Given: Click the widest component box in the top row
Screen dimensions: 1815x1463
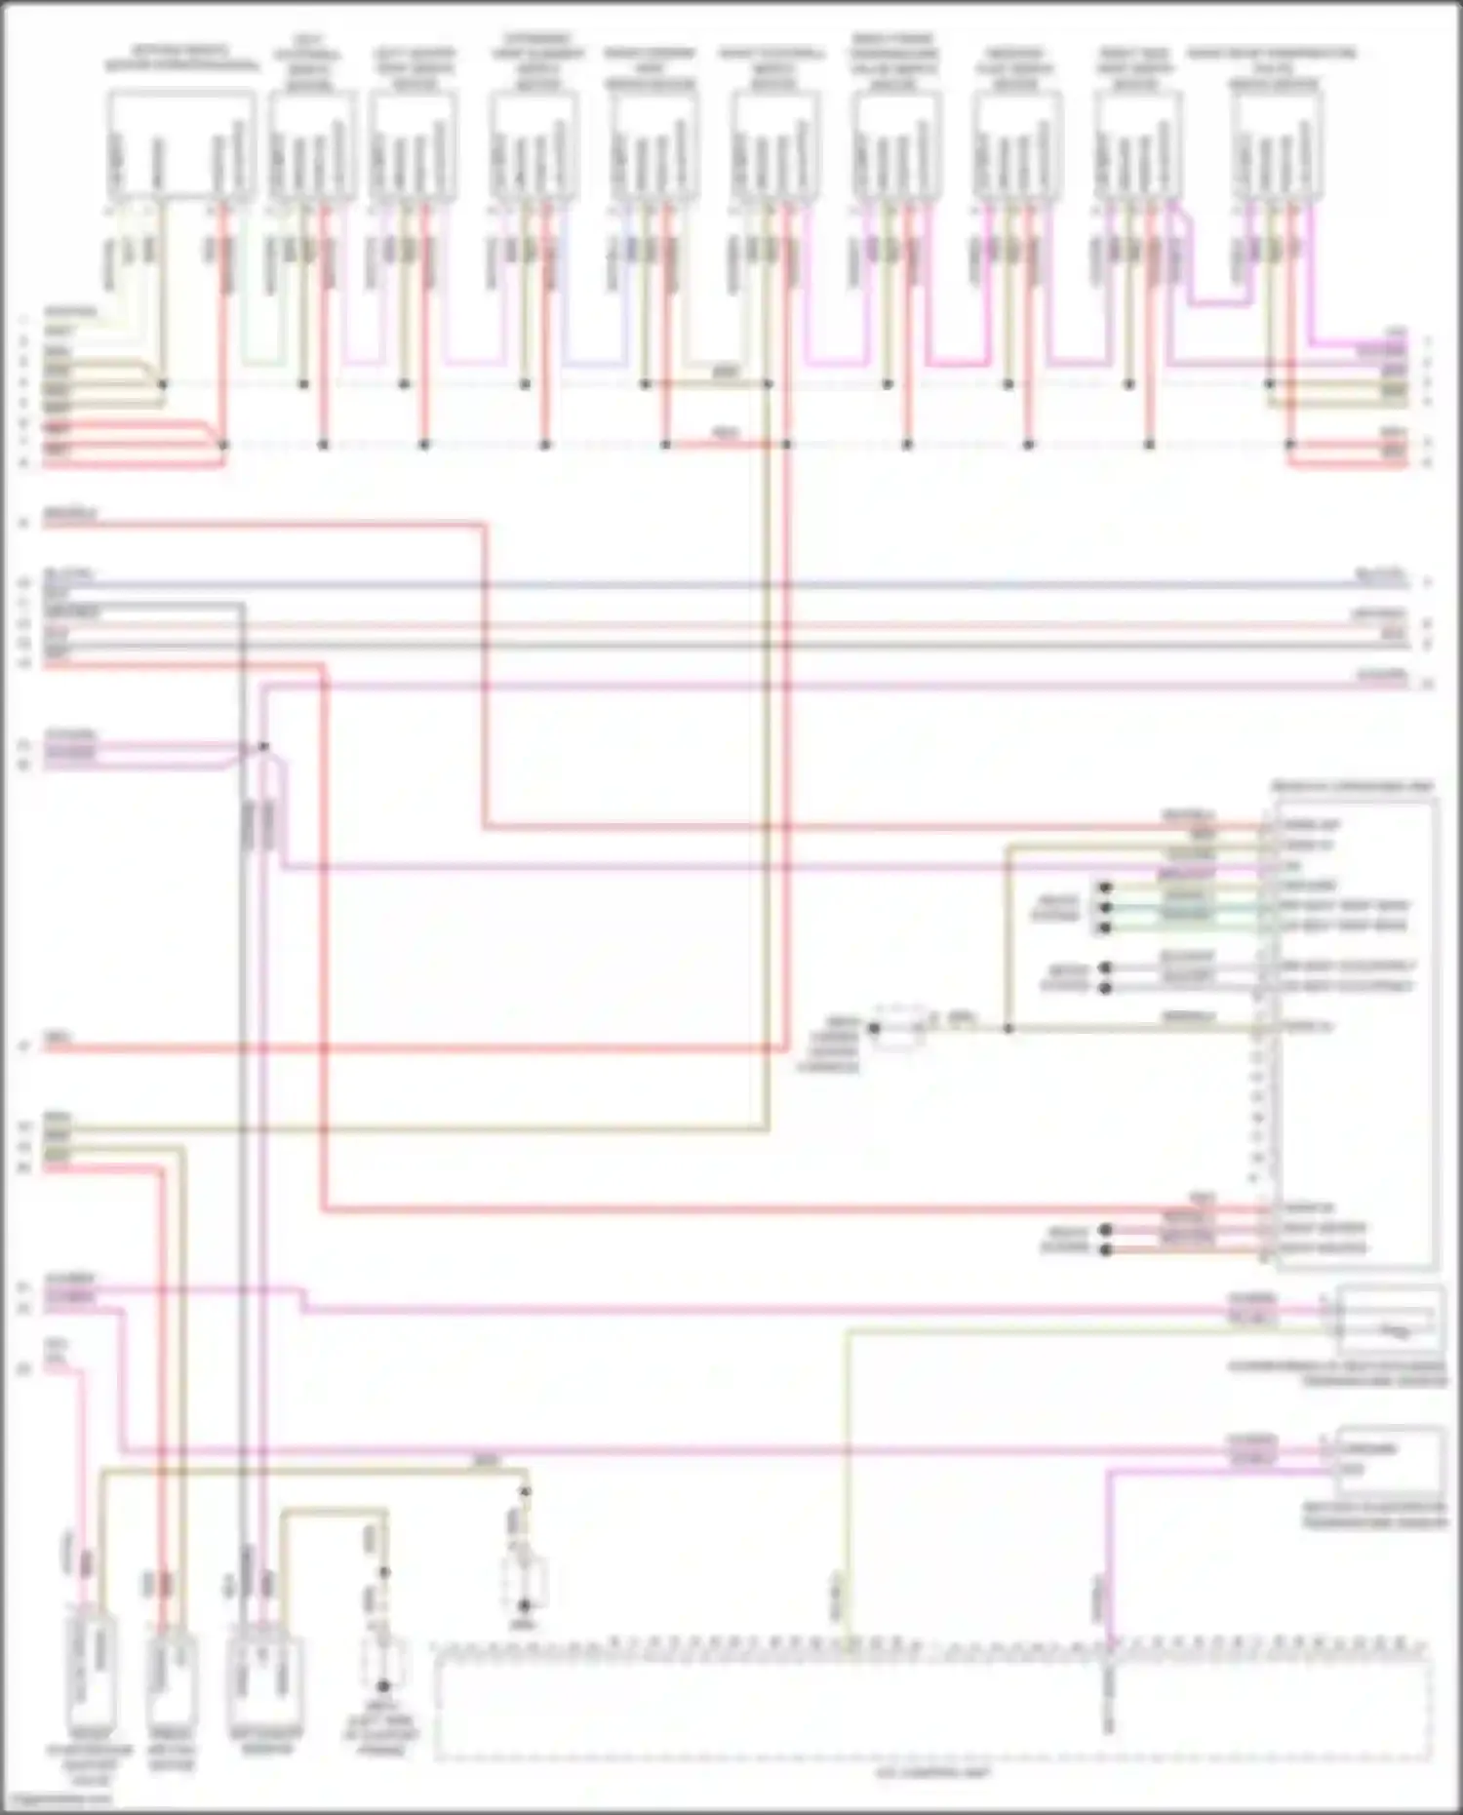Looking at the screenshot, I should coord(181,146).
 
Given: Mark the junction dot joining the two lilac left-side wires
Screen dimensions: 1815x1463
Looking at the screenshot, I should coord(263,747).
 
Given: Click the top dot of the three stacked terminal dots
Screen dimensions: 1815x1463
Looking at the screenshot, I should coord(1105,888).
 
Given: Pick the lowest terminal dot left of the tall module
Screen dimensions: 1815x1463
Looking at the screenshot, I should coord(1105,1249).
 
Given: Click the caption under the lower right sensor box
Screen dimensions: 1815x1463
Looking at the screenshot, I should coord(1389,1514).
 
